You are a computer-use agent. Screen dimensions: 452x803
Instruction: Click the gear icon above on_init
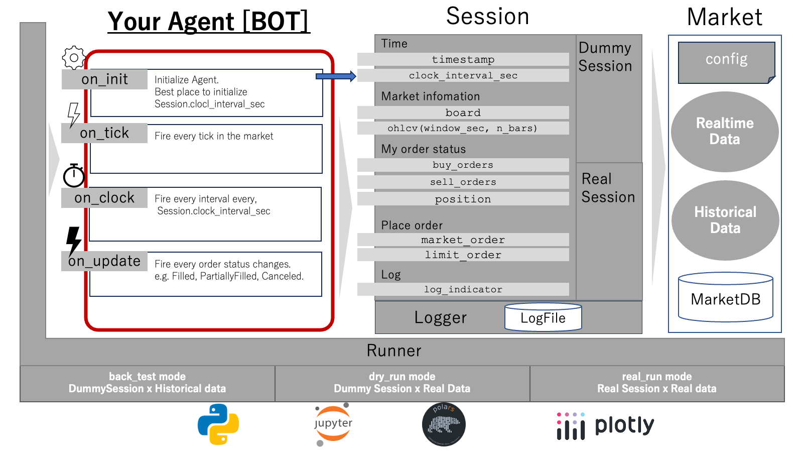pos(74,58)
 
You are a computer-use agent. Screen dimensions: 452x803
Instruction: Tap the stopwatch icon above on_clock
pos(74,176)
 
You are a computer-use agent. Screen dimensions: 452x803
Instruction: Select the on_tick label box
pos(104,133)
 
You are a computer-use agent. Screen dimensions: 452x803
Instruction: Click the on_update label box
pos(104,261)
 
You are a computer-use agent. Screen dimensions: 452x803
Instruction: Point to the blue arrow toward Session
pos(335,76)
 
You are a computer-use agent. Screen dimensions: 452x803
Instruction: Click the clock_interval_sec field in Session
pos(463,75)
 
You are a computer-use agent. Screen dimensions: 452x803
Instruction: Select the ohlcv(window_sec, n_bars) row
pos(463,128)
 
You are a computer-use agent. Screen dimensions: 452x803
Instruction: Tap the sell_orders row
pos(463,182)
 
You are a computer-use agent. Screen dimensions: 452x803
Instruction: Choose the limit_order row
pos(463,255)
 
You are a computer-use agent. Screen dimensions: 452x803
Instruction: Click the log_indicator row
pos(463,289)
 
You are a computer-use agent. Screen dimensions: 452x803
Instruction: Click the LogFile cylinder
pos(543,317)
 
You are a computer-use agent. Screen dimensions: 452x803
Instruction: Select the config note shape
pos(726,62)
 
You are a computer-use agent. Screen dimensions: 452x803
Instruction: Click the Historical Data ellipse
pos(725,220)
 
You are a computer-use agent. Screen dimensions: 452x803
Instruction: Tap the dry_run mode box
pos(402,383)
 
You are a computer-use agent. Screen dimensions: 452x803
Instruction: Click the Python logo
pos(218,424)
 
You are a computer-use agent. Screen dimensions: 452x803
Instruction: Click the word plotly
pos(624,425)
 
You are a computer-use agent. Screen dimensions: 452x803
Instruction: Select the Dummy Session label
pos(605,57)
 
